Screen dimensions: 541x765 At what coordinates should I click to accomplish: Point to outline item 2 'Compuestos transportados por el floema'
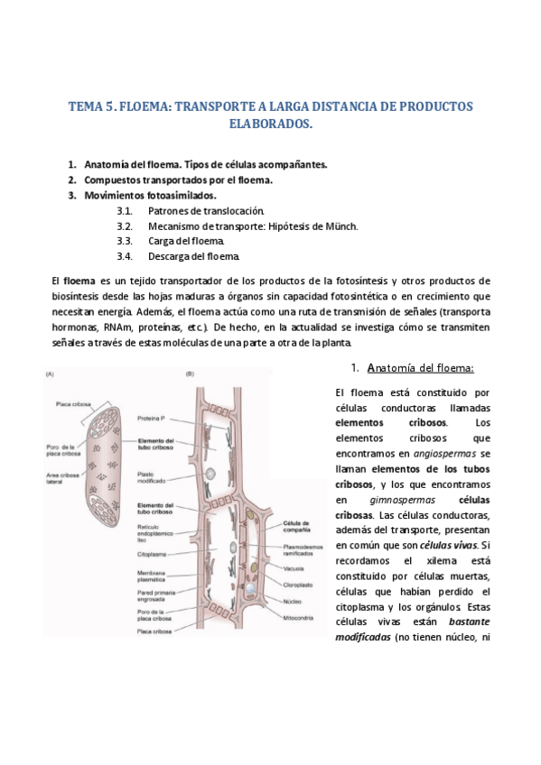pyautogui.click(x=178, y=180)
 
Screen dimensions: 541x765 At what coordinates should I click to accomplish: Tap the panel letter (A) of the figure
pyautogui.click(x=50, y=373)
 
